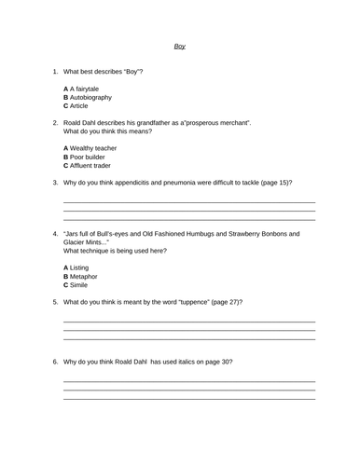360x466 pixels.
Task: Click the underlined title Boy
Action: pos(180,46)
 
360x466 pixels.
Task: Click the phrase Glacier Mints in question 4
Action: pos(85,243)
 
